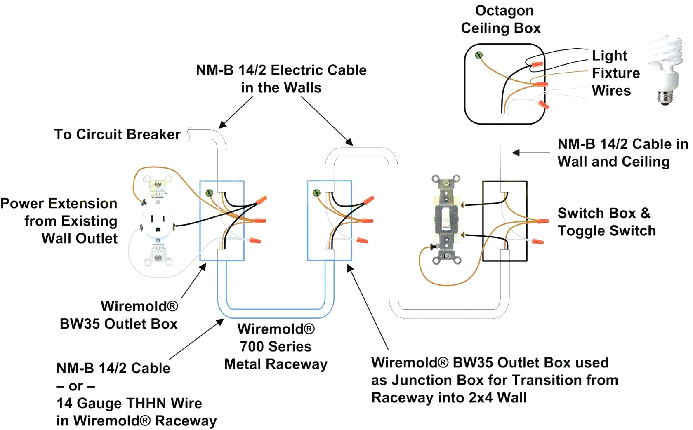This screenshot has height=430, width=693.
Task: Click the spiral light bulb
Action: (664, 62)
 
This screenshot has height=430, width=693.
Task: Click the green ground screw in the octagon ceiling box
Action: (478, 55)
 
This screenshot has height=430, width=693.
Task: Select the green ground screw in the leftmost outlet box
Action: (209, 193)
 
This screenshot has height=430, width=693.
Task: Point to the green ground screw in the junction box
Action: (317, 193)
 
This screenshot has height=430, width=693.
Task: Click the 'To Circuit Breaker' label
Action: (117, 134)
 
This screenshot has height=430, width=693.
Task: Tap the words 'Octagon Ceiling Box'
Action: (501, 19)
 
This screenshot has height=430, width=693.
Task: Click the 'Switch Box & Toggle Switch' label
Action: (606, 222)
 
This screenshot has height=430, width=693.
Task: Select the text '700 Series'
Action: (276, 346)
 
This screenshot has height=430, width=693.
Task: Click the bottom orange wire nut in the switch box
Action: (538, 241)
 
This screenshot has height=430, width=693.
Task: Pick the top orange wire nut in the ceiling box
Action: (537, 65)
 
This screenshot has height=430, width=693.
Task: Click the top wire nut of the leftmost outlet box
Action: (261, 201)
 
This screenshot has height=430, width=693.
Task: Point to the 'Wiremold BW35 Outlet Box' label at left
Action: (118, 315)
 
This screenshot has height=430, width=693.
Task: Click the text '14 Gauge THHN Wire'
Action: (129, 403)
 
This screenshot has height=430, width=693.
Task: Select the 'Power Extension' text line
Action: (59, 203)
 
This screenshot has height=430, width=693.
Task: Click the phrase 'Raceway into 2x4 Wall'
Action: (449, 398)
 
